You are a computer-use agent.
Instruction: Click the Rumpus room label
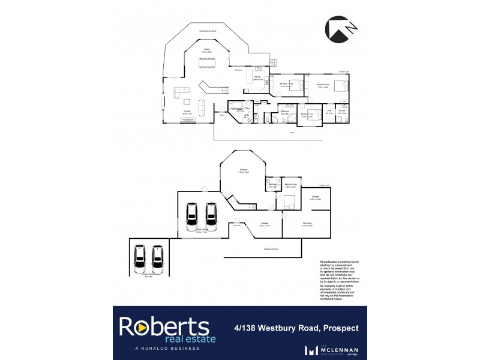pos(244,170)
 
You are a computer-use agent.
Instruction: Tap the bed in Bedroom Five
pos(289,202)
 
